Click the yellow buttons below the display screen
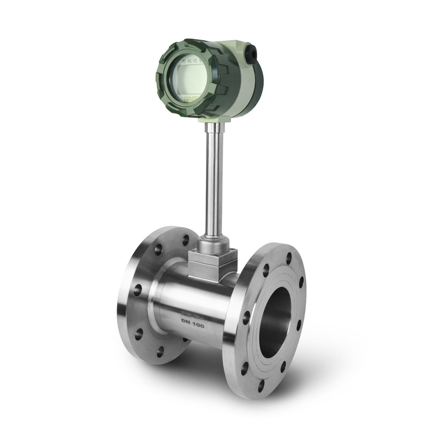click(x=187, y=100)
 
